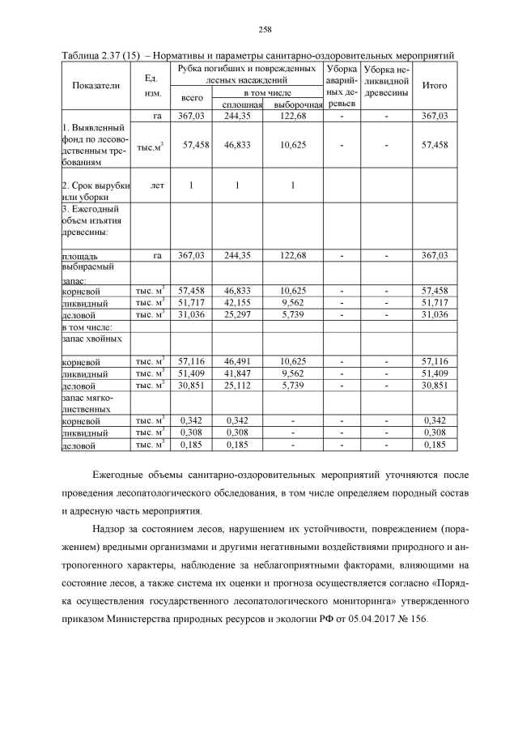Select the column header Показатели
point(96,85)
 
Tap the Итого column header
point(435,85)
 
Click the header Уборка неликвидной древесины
point(386,79)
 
